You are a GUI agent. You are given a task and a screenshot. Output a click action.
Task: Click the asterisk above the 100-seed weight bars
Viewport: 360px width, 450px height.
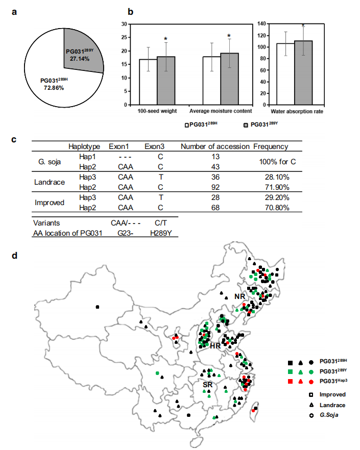[166, 39]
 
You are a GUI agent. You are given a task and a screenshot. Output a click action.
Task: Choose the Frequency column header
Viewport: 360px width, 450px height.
[271, 147]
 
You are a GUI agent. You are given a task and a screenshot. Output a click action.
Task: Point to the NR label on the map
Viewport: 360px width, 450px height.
[239, 296]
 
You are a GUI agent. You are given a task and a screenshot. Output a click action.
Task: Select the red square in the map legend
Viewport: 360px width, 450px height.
[290, 381]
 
